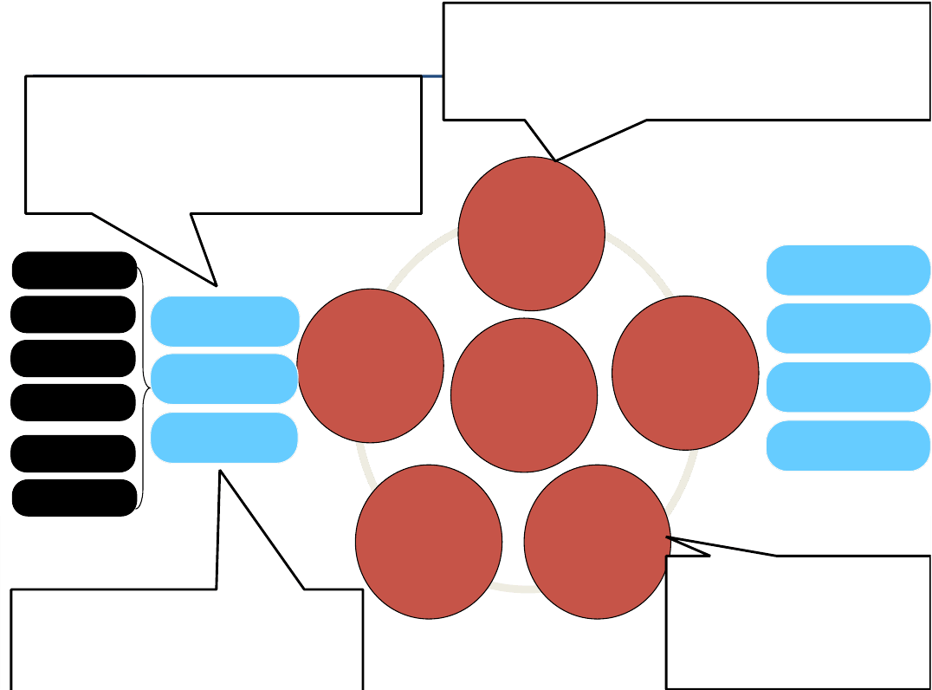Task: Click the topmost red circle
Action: click(531, 234)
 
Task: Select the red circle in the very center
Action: click(524, 395)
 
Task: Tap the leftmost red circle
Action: click(370, 366)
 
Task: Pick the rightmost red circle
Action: click(685, 373)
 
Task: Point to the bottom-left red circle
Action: click(429, 542)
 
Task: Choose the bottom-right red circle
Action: click(597, 542)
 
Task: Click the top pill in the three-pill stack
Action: click(224, 321)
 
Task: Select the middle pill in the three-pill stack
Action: click(224, 379)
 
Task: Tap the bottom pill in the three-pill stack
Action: click(224, 438)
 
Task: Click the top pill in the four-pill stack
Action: click(848, 270)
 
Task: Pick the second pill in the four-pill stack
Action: click(848, 329)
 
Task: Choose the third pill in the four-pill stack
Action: click(848, 387)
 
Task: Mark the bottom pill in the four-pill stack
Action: click(848, 446)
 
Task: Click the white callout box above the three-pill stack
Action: click(223, 144)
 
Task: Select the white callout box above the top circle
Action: click(687, 61)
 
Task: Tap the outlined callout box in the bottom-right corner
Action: click(798, 622)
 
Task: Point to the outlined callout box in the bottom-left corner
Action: click(186, 640)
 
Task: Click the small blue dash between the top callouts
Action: click(432, 76)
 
